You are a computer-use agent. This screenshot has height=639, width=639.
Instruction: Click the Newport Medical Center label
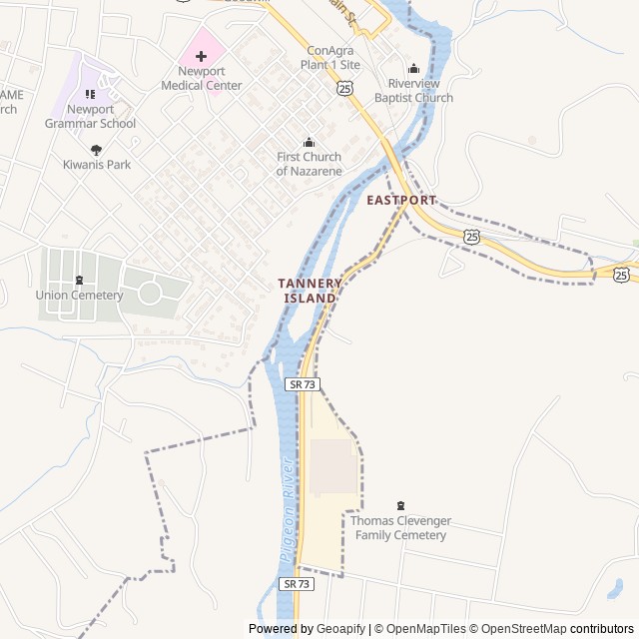pyautogui.click(x=202, y=78)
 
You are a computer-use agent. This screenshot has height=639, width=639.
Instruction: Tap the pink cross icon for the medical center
pyautogui.click(x=201, y=55)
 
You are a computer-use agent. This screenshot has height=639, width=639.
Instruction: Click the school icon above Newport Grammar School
pyautogui.click(x=90, y=94)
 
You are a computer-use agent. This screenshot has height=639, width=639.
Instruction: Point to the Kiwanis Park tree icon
pyautogui.click(x=96, y=149)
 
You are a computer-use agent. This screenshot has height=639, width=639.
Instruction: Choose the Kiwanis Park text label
pyautogui.click(x=97, y=164)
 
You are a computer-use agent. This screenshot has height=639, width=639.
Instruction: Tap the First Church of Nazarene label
pyautogui.click(x=309, y=164)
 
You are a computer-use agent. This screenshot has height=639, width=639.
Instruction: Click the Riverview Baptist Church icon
pyautogui.click(x=413, y=69)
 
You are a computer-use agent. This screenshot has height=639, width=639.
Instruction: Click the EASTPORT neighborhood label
pyautogui.click(x=401, y=201)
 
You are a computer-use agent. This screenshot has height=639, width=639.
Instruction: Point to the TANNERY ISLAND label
pyautogui.click(x=310, y=291)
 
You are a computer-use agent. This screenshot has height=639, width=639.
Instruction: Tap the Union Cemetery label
pyautogui.click(x=79, y=295)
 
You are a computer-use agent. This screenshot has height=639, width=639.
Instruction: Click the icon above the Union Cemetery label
pyautogui.click(x=79, y=281)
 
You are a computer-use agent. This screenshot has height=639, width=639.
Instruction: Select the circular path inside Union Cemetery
pyautogui.click(x=150, y=293)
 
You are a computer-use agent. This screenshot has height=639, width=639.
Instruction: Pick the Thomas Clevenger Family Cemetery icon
pyautogui.click(x=401, y=506)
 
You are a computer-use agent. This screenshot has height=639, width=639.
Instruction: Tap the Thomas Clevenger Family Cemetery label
pyautogui.click(x=400, y=528)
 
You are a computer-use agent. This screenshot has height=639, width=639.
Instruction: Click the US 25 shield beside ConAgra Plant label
pyautogui.click(x=344, y=89)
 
